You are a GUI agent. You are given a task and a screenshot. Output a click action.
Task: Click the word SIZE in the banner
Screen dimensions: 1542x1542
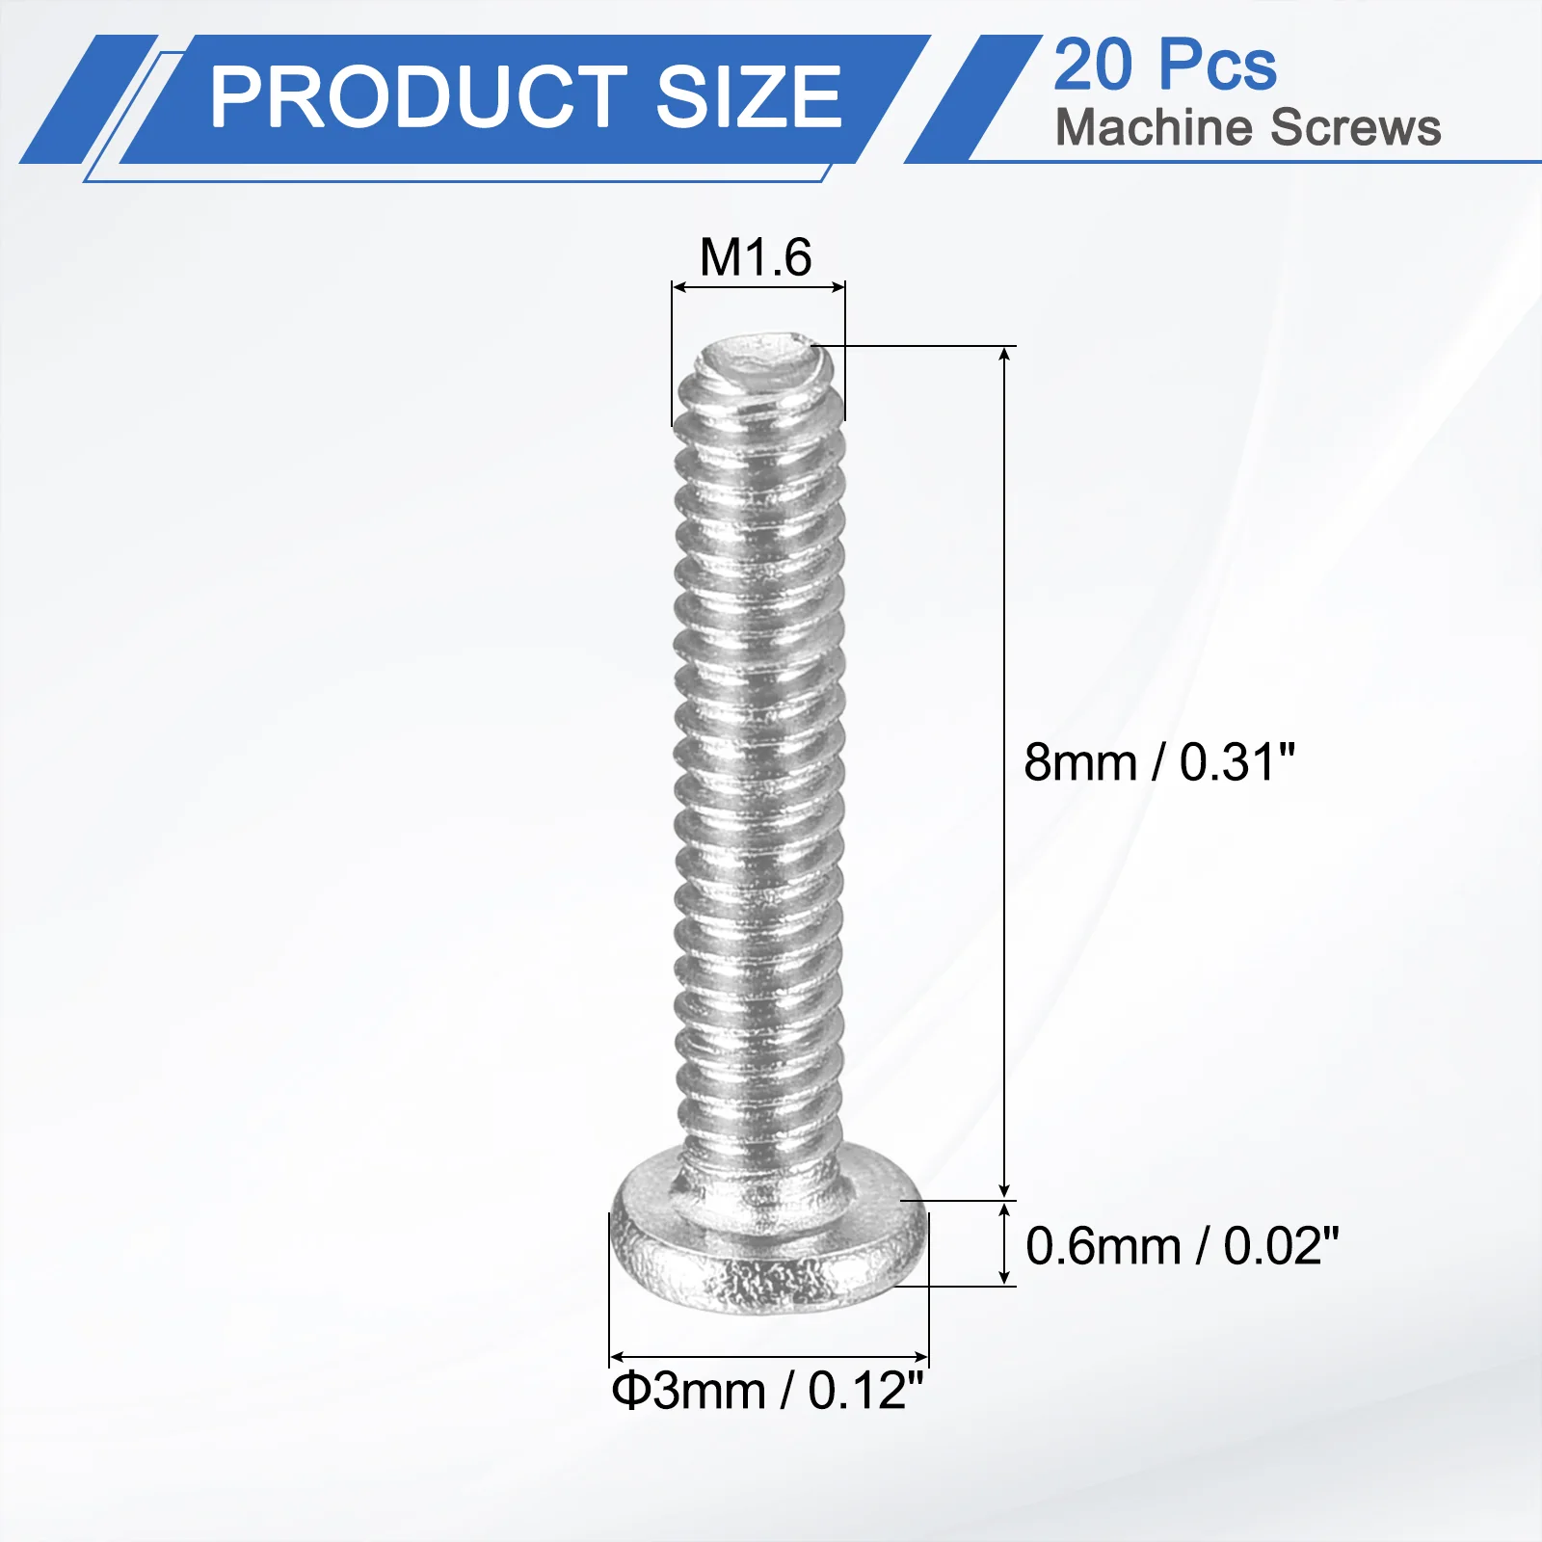coord(750,97)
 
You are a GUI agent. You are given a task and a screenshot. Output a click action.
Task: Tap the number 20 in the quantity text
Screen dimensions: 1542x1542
coord(1094,66)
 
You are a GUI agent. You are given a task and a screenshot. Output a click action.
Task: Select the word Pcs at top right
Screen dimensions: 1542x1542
coord(1218,66)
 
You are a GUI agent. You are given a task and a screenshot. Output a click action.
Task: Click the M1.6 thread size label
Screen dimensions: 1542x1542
coord(756,257)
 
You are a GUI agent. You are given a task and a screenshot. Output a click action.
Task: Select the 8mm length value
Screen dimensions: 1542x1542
coord(1080,762)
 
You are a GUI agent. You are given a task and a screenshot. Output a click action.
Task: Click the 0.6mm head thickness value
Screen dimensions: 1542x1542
coord(1103,1246)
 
